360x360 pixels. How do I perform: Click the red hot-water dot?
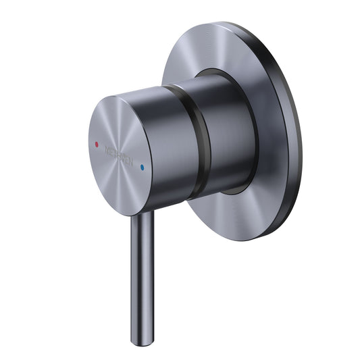(97, 144)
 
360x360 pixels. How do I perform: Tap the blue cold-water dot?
(142, 165)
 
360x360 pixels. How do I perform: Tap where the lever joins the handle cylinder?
(140, 215)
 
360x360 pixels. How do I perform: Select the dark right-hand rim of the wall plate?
(292, 135)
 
